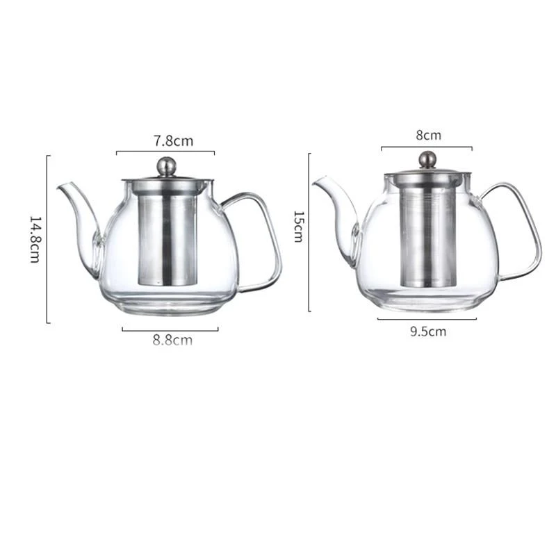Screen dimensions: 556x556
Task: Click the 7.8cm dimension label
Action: point(173,141)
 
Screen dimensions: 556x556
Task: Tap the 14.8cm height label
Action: point(35,239)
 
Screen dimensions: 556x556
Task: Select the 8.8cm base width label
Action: point(172,340)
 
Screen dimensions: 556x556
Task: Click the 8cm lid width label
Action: point(428,136)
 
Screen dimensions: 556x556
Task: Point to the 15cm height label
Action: point(299,227)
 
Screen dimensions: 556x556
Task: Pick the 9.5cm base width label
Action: point(428,332)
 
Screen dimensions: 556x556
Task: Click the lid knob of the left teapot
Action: point(167,166)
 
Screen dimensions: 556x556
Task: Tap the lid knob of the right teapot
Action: point(427,160)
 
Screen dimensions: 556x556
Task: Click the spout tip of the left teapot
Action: point(59,188)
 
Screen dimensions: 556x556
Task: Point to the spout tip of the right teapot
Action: point(315,183)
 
